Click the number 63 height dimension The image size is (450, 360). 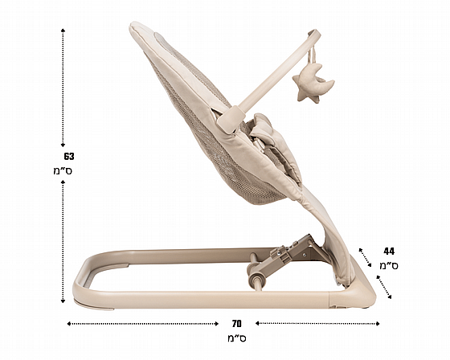(x=69, y=157)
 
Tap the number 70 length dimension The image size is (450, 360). (x=237, y=324)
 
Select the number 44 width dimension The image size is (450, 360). (x=389, y=252)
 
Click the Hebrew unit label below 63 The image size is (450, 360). (x=63, y=170)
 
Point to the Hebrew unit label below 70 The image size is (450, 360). (x=237, y=337)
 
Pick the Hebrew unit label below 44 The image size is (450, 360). (x=389, y=265)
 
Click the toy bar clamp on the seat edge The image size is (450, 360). (x=231, y=119)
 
